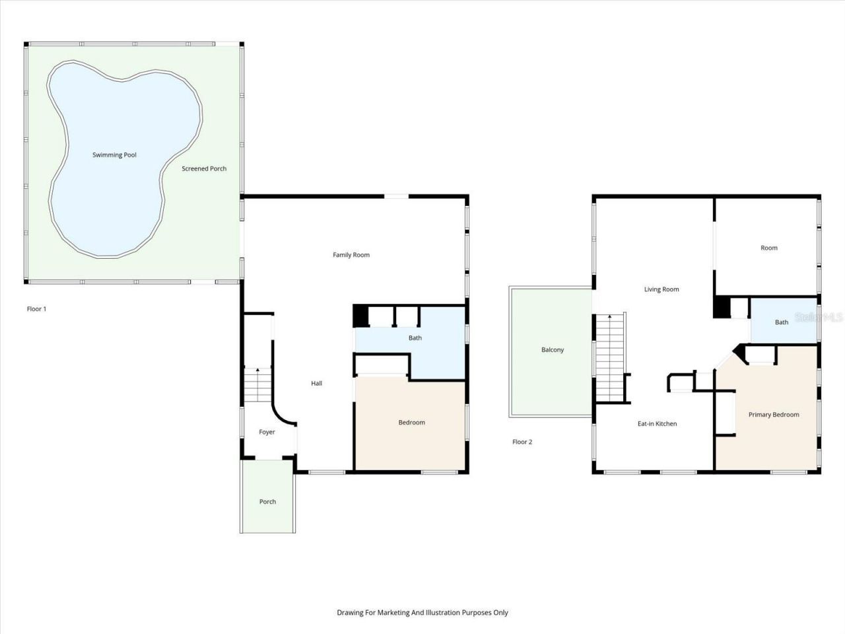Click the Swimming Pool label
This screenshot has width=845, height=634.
coord(114,155)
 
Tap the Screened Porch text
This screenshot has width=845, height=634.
coord(204,168)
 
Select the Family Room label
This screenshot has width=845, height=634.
coord(351,255)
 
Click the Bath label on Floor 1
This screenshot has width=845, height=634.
coord(415,338)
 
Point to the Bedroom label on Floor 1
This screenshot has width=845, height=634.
coord(411,423)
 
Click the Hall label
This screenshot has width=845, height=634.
coord(316,384)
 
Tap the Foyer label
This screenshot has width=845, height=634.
coord(267,432)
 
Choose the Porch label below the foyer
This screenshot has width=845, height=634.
coord(267,502)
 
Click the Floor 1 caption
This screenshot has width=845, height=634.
coord(36,309)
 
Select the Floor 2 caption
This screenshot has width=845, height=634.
coord(522,442)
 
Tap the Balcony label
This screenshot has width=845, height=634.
coord(553,350)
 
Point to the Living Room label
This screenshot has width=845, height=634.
coord(661,289)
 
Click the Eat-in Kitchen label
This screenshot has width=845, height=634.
coord(657,424)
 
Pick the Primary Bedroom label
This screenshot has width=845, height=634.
coord(774,415)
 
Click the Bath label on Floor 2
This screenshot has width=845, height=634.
coord(782,322)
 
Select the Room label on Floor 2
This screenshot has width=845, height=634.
coord(769,248)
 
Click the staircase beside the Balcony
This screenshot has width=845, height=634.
coord(610,357)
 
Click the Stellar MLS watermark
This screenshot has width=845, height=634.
coord(819,318)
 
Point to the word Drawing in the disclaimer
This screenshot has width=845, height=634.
coord(350,613)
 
